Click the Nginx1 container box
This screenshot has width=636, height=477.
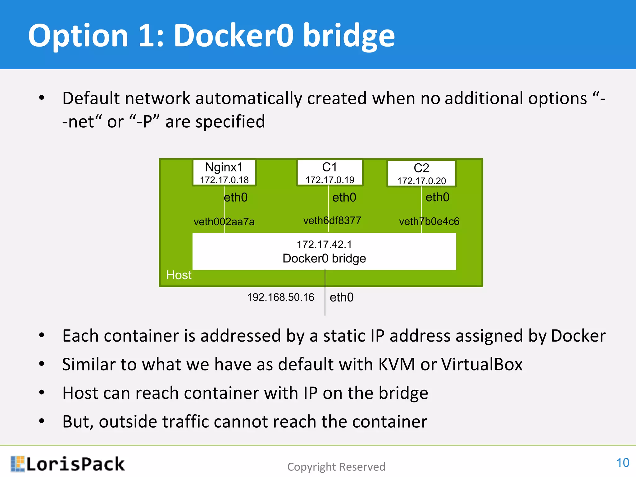coord(224,173)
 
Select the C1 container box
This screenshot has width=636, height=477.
coord(330,173)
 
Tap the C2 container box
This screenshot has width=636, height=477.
coord(421,173)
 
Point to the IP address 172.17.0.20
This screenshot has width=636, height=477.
coord(421,181)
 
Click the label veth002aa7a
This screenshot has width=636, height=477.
coord(224,222)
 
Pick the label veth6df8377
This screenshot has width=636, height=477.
coord(332,220)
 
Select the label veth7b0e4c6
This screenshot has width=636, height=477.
coord(429,221)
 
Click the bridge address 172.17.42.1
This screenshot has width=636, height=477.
coord(324,244)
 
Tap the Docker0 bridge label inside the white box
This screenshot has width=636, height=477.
coord(324,258)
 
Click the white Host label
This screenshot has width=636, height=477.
coord(179,275)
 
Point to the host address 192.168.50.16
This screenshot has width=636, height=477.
coord(280,297)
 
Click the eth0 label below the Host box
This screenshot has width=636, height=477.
coord(341,298)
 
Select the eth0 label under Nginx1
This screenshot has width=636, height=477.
coord(235,198)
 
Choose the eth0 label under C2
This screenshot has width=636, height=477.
coord(437,197)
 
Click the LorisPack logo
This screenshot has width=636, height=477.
coord(68,464)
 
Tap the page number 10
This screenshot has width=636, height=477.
coord(622,463)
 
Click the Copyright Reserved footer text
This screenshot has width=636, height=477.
coord(336,467)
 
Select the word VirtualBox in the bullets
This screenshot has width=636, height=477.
coord(482,364)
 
